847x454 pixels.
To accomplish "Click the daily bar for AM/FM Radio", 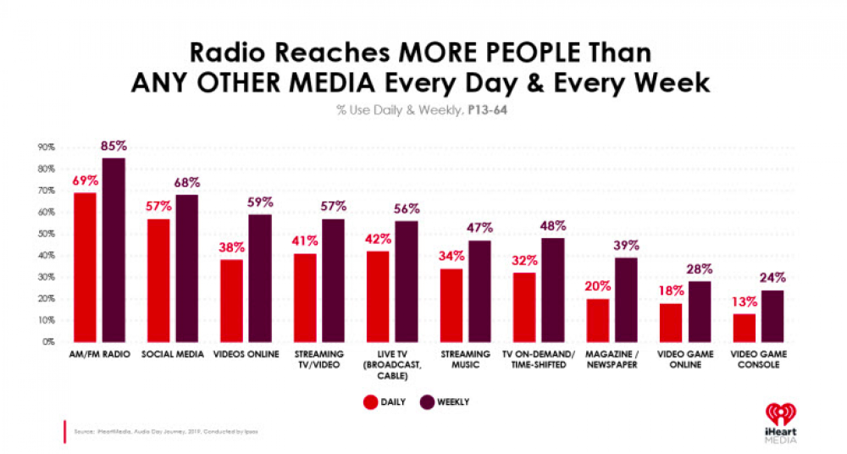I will tap(86, 268).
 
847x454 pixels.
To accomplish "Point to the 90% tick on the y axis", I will tap(44, 147).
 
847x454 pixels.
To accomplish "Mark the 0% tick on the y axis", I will tap(47, 342).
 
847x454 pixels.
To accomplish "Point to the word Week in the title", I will tap(634, 85).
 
